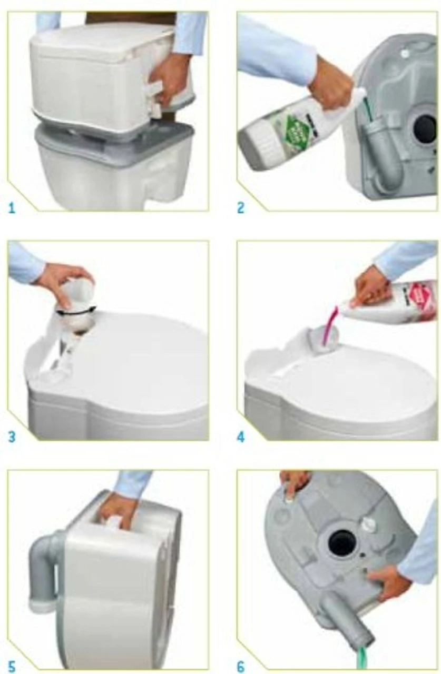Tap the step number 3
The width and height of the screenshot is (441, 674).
coord(12,437)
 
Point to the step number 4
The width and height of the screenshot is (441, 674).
coord(241,437)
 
